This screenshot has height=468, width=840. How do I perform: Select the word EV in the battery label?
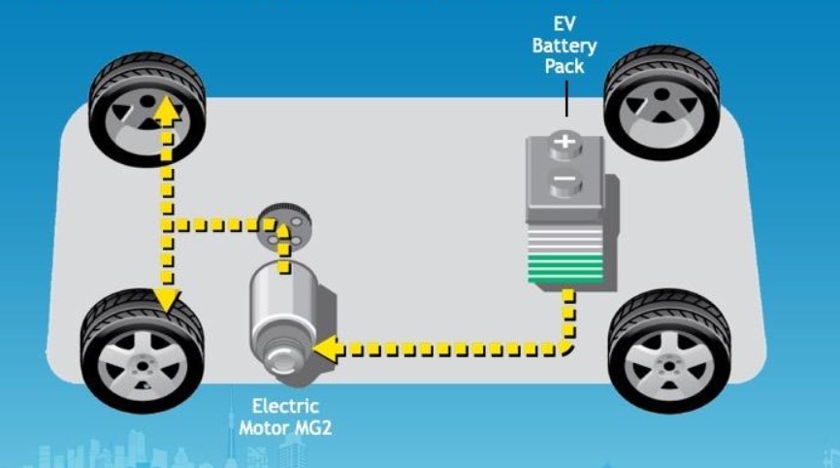tap(565, 23)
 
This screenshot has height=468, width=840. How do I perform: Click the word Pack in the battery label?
tap(565, 66)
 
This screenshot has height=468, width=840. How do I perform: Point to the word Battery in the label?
tap(565, 46)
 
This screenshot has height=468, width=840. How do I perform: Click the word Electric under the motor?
tap(285, 406)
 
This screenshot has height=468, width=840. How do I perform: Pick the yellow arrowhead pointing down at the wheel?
tap(166, 299)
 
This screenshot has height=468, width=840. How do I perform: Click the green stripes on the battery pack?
tap(565, 269)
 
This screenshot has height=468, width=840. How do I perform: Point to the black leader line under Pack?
tap(566, 98)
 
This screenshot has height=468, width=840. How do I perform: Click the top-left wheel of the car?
tap(146, 109)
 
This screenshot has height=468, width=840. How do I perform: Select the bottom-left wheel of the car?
tap(142, 351)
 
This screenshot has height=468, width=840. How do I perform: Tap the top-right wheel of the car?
tap(662, 103)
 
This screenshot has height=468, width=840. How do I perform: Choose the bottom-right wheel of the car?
tap(669, 351)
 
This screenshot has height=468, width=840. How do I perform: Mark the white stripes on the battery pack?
tap(565, 239)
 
